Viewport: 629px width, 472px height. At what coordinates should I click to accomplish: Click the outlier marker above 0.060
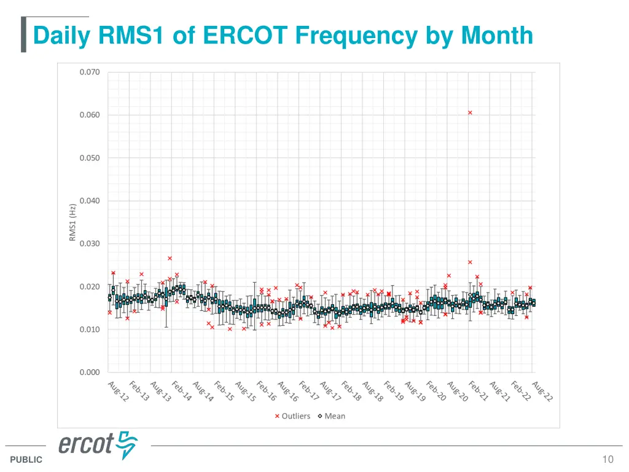(470, 112)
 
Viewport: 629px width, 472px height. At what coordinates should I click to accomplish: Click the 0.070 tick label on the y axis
(89, 72)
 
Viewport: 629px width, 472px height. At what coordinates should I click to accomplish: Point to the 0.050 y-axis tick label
(89, 158)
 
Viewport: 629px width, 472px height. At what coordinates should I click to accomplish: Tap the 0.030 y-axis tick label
(89, 243)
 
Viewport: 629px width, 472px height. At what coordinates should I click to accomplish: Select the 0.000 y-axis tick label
(89, 372)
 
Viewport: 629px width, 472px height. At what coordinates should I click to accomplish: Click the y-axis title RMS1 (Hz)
(72, 222)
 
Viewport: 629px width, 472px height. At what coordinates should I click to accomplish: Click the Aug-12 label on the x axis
(118, 391)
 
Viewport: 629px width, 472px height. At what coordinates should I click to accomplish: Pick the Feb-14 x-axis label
(182, 391)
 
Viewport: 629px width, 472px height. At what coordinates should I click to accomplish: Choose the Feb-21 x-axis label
(479, 391)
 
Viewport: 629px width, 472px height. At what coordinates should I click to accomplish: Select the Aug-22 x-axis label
(542, 391)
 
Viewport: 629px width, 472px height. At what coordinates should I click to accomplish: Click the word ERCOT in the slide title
(245, 35)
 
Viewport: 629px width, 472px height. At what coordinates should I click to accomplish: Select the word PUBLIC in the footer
(26, 460)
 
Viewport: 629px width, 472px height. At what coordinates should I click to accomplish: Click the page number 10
(608, 459)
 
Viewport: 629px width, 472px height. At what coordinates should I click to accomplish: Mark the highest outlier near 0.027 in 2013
(170, 258)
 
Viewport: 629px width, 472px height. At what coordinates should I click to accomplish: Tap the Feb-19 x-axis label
(394, 391)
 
